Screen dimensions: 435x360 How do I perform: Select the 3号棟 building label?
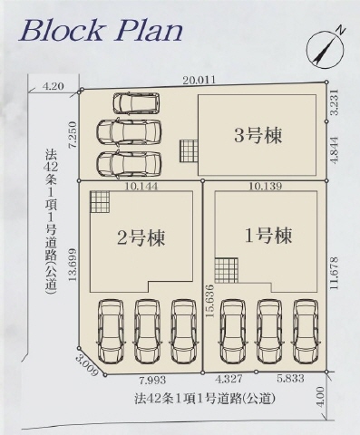[258, 137]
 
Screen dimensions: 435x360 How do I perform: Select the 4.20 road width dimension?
[53, 86]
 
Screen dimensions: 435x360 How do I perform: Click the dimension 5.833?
[290, 380]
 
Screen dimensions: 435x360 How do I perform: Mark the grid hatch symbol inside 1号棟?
[225, 270]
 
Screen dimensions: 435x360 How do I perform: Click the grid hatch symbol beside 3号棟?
[189, 150]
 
